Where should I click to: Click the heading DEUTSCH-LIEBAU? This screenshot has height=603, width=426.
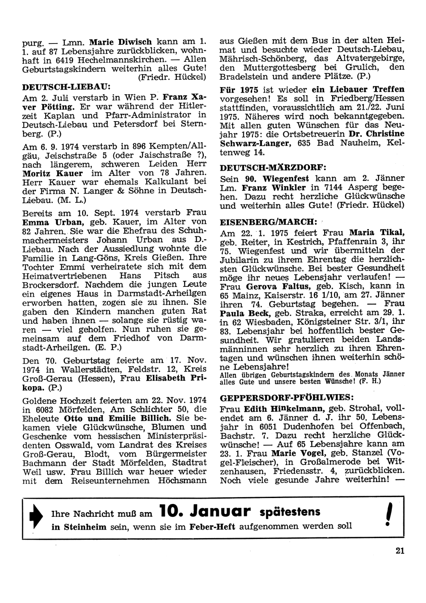coord(66,86)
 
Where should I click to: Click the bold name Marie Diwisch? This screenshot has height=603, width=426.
coord(121,42)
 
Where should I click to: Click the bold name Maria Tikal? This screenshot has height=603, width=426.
coord(377,233)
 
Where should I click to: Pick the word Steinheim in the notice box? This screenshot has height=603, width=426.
coord(85,527)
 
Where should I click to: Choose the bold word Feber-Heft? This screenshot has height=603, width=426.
coord(214,527)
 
